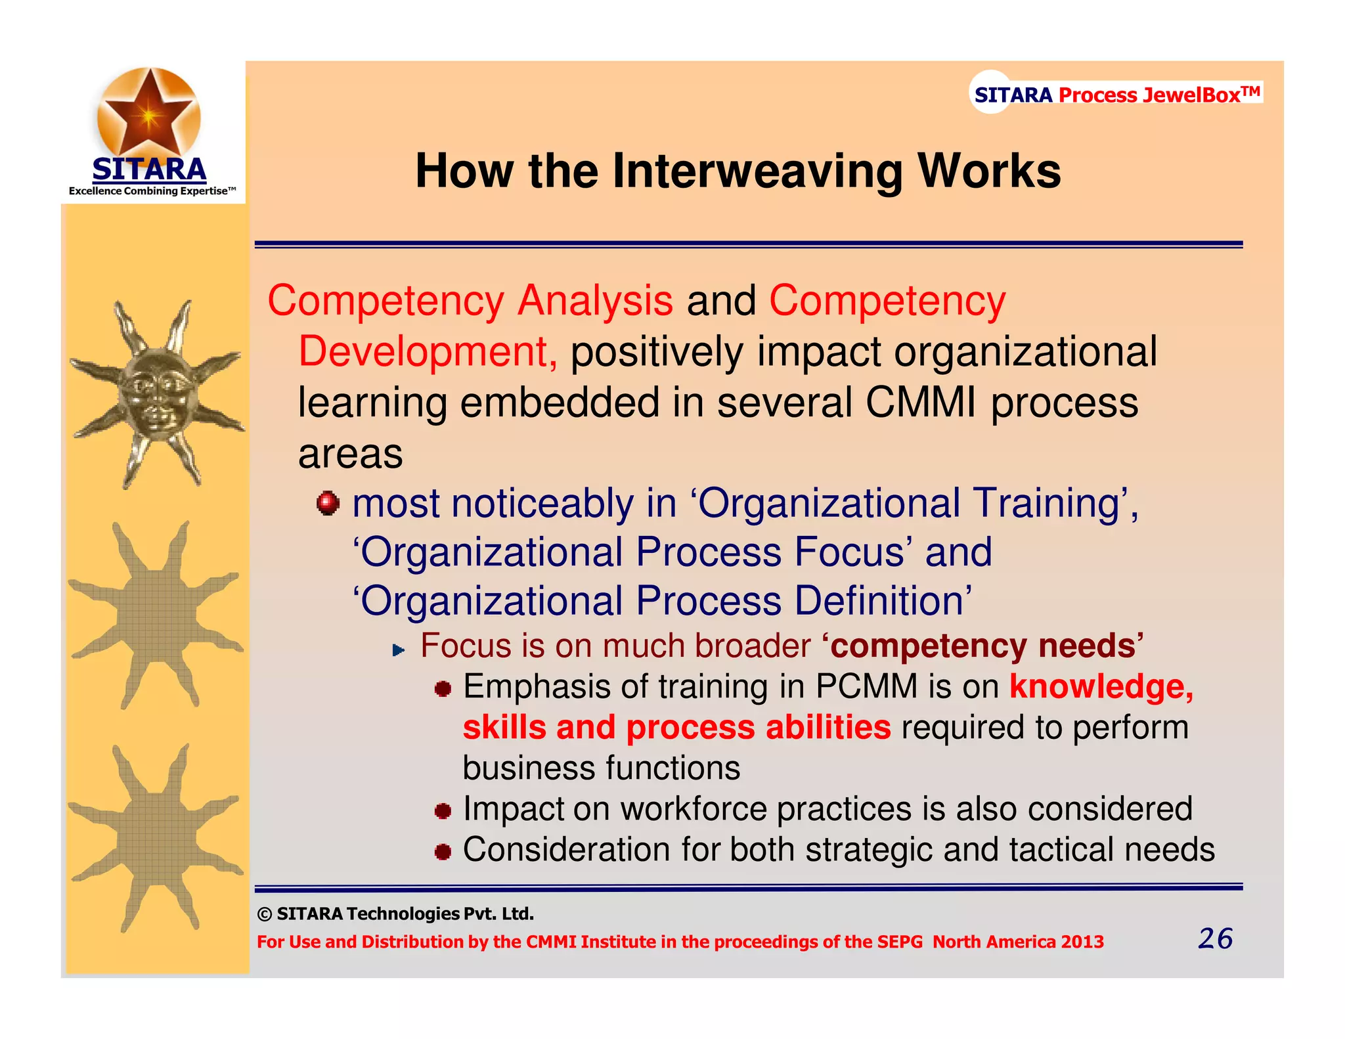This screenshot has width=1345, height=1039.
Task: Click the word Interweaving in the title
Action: coord(758,171)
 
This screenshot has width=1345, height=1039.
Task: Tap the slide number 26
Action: coord(1215,939)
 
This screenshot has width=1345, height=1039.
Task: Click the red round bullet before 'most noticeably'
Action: coord(328,504)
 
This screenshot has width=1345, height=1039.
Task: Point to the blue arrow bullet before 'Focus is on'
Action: coord(398,650)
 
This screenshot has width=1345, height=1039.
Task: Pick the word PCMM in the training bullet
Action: coord(866,687)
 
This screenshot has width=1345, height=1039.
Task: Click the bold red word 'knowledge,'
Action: coord(1101,687)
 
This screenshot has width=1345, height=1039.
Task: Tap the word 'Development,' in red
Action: coord(428,351)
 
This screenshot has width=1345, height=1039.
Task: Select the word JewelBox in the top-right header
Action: coord(1191,95)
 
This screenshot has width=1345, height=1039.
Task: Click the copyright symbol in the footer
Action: coord(264,914)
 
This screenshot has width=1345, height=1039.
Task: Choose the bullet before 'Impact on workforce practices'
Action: coord(443,811)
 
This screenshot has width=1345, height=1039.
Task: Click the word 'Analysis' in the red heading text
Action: coord(594,301)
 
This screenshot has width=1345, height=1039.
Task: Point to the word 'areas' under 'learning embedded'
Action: coord(350,454)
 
